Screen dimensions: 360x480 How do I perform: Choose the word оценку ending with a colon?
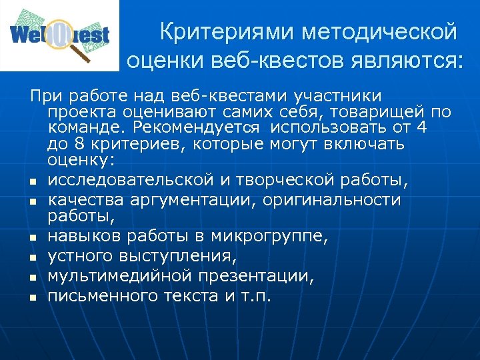pyautogui.click(x=81, y=160)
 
